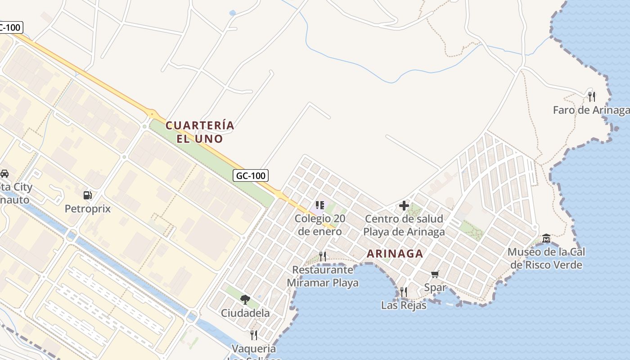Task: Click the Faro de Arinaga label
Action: [590, 110]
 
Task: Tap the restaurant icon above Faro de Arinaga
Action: [592, 96]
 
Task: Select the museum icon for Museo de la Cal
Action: [546, 238]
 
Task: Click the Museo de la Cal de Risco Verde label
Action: [546, 258]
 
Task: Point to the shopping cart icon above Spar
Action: [435, 274]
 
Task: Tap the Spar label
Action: [435, 288]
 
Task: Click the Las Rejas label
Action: [404, 305]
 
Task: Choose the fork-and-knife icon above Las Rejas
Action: [404, 292]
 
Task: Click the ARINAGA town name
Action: [395, 254]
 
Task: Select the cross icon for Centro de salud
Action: [404, 206]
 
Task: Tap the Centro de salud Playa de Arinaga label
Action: [404, 225]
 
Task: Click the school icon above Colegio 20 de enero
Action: [320, 205]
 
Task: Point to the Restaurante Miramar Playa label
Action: [323, 276]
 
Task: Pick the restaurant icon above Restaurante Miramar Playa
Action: [323, 256]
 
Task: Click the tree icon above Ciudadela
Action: [245, 299]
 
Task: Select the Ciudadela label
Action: [245, 313]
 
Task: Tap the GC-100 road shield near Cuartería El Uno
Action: [251, 175]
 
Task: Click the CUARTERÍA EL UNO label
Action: [200, 132]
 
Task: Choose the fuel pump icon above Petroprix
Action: [88, 195]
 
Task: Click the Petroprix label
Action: [88, 209]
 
